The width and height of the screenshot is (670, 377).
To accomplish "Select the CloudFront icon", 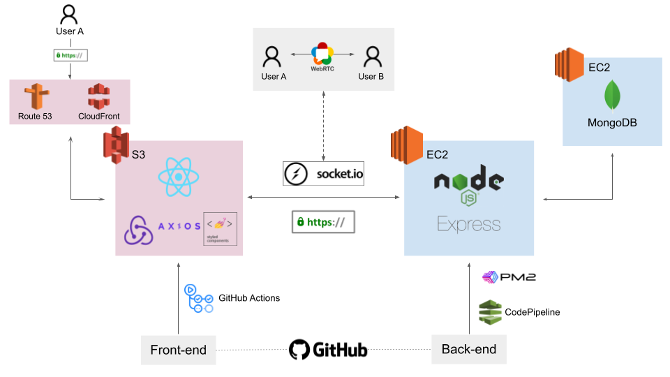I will (x=100, y=97).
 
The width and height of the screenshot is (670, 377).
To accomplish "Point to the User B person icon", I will (x=371, y=57).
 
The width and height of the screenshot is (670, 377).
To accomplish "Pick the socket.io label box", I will (x=324, y=173).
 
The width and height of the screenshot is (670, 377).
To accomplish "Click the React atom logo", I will (x=179, y=177).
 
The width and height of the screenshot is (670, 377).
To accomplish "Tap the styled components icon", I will (x=220, y=228).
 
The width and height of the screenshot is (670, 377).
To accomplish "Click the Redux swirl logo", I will (x=138, y=230).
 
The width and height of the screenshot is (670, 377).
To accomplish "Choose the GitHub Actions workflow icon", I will (x=198, y=298).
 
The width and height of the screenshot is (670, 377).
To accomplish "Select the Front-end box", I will (x=179, y=350).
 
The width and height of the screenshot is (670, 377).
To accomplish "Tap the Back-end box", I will (x=468, y=349).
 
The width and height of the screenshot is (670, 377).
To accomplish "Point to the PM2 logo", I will (x=509, y=278).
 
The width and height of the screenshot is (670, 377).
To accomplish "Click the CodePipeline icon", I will (x=490, y=311).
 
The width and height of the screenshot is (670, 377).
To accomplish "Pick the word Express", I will (x=468, y=224).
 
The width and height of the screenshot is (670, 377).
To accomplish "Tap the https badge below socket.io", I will (x=323, y=222).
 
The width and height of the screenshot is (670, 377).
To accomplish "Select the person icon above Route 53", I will (x=68, y=13).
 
